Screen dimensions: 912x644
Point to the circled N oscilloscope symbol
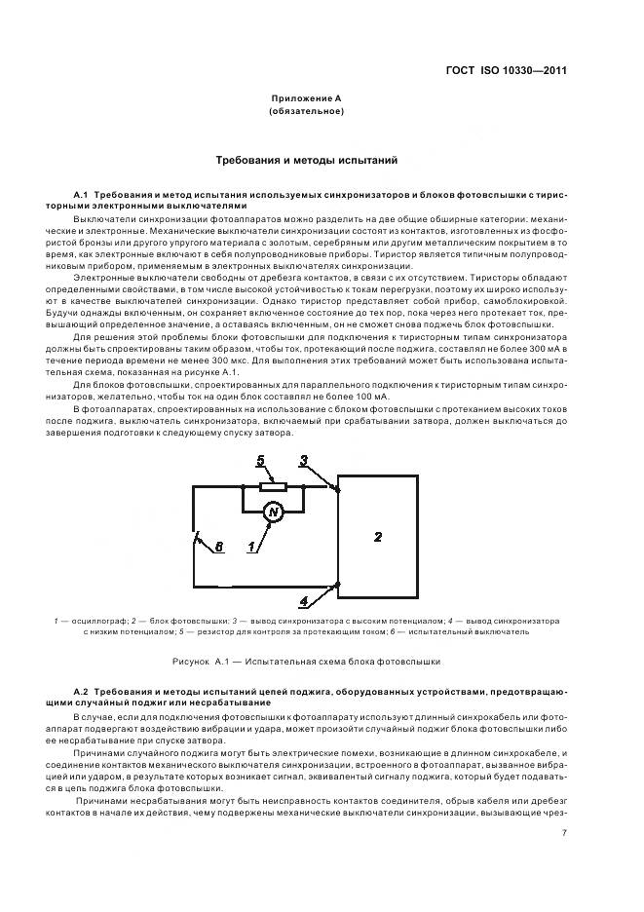coord(274,513)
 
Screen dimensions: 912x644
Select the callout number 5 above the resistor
coord(260,459)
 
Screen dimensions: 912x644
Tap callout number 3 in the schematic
coord(304,459)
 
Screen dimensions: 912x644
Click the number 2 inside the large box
coord(379,536)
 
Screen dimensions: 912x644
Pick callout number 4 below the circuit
coord(304,600)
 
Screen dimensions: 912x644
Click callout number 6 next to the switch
coord(219,547)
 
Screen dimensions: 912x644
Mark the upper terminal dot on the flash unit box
coord(337,489)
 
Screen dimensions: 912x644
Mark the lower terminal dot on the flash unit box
coord(337,585)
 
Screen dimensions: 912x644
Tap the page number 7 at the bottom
coord(564,832)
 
